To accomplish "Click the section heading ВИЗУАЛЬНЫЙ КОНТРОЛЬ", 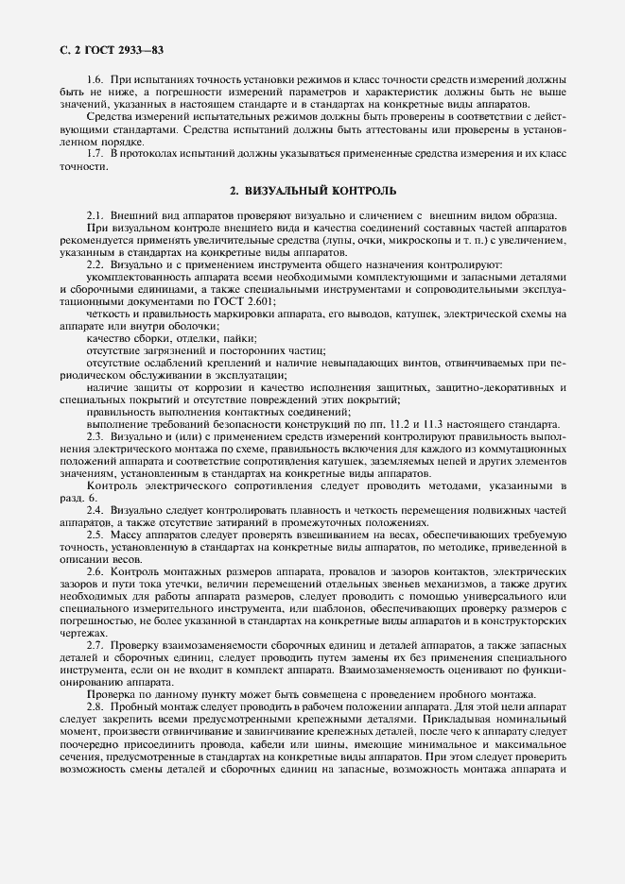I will click(x=313, y=191).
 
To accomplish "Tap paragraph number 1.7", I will click(x=95, y=153).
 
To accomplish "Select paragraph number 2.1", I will click(x=95, y=217).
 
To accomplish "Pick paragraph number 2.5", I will click(x=95, y=534).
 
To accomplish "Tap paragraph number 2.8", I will click(x=95, y=706).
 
